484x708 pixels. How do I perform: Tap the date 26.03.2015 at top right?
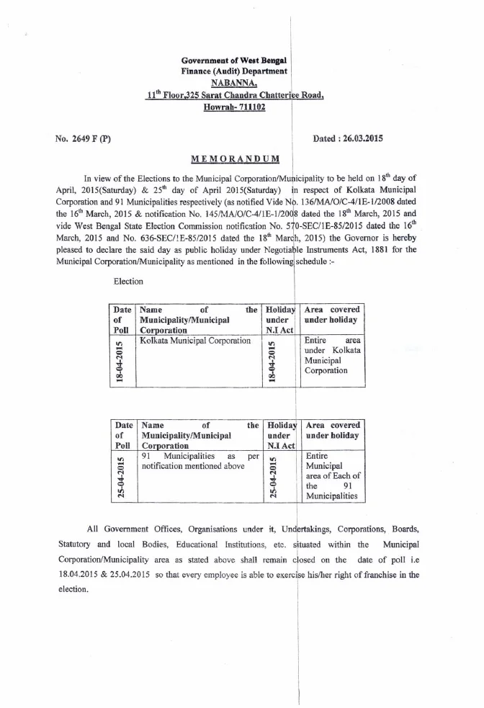(357, 138)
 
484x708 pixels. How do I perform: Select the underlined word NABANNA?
(234, 83)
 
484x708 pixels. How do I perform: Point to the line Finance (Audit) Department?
(234, 71)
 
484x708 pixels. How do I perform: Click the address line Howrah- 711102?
(234, 107)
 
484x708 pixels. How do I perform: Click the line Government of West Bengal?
(234, 59)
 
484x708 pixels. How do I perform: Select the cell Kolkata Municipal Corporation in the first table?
(195, 341)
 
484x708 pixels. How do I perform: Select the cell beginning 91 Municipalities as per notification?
(200, 461)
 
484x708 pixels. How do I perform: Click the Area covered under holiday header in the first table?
(331, 314)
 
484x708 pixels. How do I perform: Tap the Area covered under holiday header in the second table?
(331, 430)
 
